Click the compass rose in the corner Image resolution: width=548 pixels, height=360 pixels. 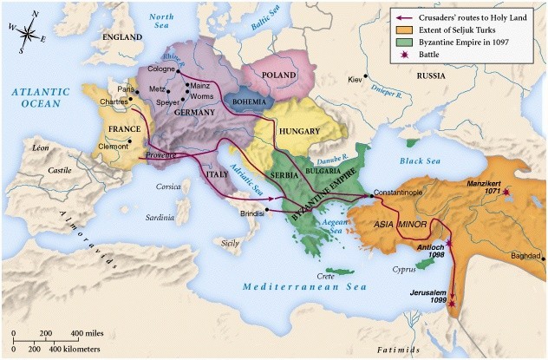tap(28, 35)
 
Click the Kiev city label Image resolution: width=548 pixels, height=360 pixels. tap(355, 79)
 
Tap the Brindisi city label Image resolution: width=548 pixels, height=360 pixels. tap(251, 212)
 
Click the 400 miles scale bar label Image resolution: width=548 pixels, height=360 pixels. tap(88, 334)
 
